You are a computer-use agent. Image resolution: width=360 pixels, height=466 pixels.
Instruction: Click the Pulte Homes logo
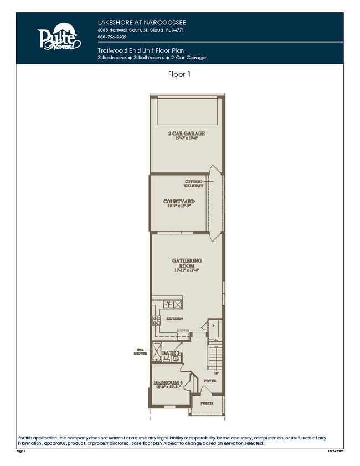[59, 38]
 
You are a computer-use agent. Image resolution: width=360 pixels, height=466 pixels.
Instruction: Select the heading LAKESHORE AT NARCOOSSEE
[138, 22]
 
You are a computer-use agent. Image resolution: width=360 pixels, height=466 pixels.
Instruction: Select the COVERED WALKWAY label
[194, 183]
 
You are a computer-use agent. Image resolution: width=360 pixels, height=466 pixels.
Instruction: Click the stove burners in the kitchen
[157, 320]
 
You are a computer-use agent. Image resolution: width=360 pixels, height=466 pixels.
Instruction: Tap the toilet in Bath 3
[166, 357]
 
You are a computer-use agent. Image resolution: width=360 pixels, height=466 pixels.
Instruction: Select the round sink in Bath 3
[176, 358]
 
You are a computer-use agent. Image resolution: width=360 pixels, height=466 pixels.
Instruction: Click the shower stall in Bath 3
[157, 352]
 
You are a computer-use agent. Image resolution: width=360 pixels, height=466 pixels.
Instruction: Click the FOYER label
[210, 381]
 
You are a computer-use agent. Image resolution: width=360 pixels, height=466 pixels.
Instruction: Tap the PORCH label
[206, 403]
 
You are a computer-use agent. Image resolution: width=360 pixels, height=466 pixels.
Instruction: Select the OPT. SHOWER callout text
[141, 351]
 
